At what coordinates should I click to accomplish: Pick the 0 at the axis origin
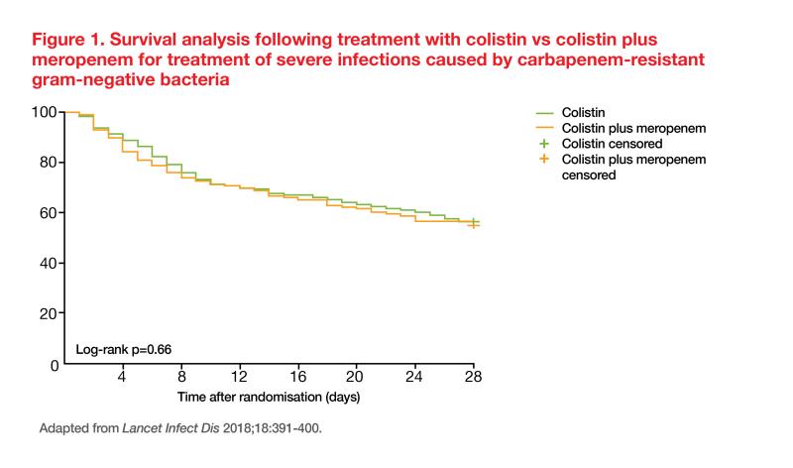54,365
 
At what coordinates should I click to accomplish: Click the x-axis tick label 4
122,378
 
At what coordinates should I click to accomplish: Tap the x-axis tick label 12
239,378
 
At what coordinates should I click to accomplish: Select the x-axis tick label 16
297,378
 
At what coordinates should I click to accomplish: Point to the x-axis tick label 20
356,378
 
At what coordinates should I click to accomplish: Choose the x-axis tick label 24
415,378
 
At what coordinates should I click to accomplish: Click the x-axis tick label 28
473,378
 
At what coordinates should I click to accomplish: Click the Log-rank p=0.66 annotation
124,350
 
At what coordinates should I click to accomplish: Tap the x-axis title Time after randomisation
268,397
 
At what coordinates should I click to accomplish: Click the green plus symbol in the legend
542,144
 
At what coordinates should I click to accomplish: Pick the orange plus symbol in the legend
542,160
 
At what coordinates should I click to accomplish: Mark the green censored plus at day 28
474,221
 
